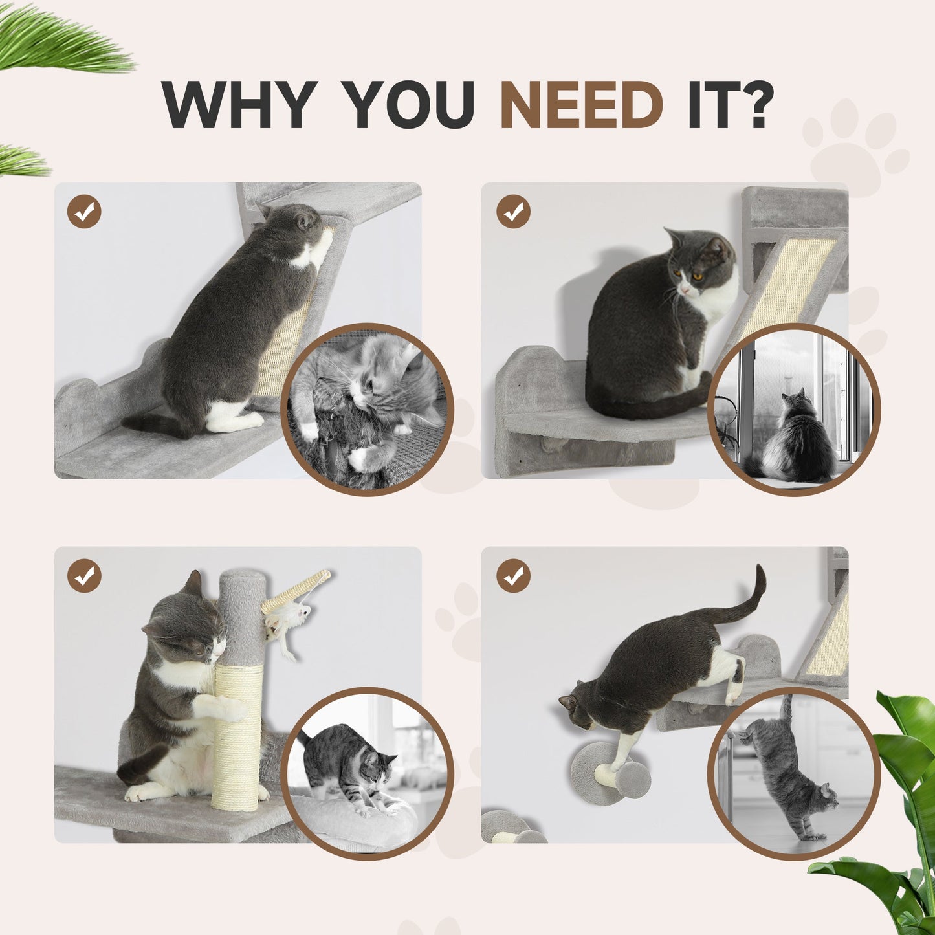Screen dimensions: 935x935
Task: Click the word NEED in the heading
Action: tap(582, 105)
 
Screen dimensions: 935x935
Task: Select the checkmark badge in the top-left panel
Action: tap(84, 212)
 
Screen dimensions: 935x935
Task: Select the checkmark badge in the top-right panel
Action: tap(514, 212)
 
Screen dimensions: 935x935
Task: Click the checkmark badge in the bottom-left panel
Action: tap(84, 576)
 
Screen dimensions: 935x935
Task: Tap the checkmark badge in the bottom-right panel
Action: tap(514, 576)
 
